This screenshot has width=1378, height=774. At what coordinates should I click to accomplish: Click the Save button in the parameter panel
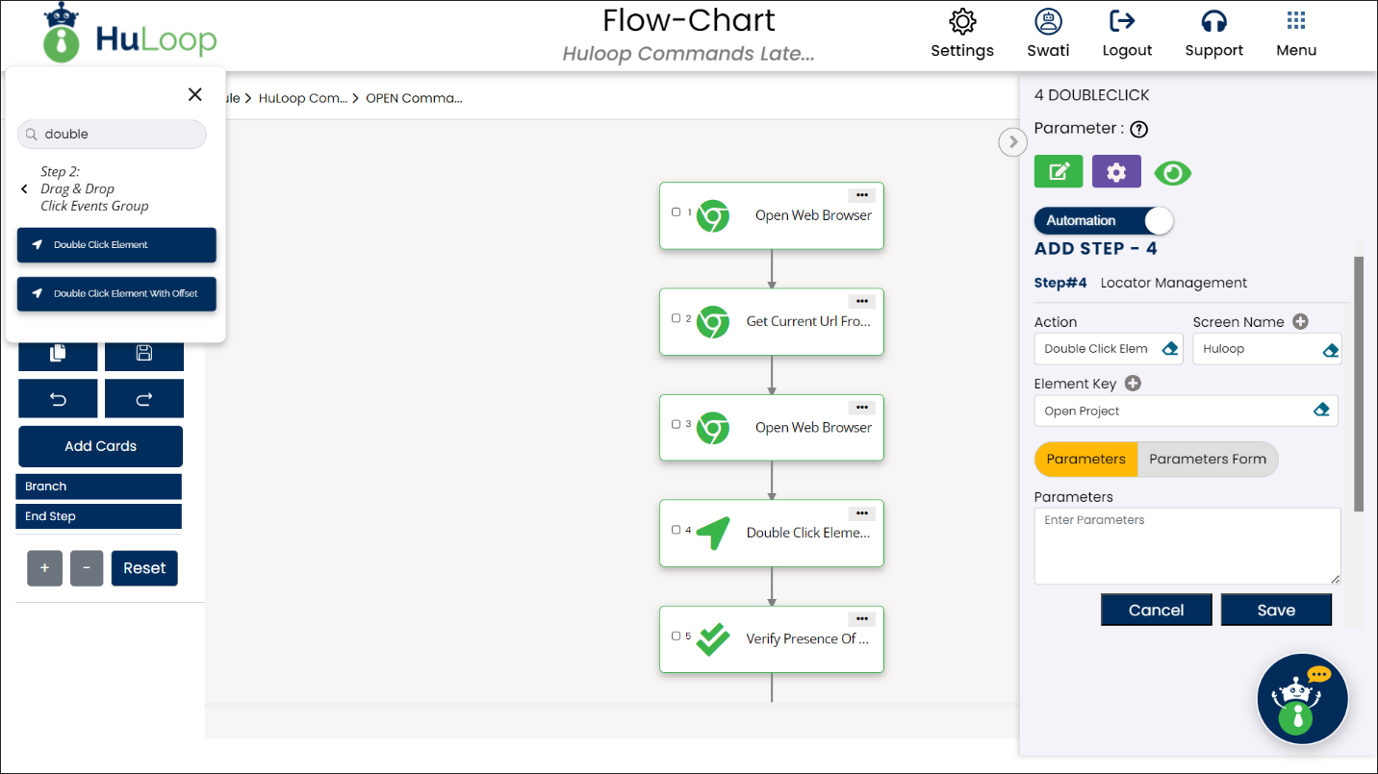coord(1276,610)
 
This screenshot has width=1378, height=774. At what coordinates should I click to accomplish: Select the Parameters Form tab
coord(1207,459)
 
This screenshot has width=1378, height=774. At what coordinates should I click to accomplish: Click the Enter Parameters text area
coord(1187,545)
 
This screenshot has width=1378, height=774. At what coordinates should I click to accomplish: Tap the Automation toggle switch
coord(1104,221)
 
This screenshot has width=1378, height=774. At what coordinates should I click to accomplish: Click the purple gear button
coord(1116,171)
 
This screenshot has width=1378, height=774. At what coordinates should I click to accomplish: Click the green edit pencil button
coord(1059,171)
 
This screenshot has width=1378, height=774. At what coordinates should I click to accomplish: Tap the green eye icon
coord(1172,173)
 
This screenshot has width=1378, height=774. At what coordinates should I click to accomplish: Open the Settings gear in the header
coord(962,22)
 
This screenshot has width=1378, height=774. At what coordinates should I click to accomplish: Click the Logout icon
coord(1123,21)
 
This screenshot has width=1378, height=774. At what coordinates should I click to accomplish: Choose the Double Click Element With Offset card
coord(116,294)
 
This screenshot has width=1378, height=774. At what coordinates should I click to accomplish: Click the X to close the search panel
coord(195,94)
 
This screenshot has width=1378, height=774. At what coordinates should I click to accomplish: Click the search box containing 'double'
coord(112,134)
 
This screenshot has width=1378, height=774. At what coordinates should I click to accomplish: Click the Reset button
coord(144,568)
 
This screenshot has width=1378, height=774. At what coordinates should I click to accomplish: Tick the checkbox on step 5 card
coord(676,636)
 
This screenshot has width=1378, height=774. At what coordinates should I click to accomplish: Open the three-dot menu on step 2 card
coord(862,301)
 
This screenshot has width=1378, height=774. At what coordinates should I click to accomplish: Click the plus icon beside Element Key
coord(1133,383)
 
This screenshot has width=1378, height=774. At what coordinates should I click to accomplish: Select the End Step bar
coord(98,516)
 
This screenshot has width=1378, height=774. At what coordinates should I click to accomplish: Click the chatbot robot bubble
coord(1302,698)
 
